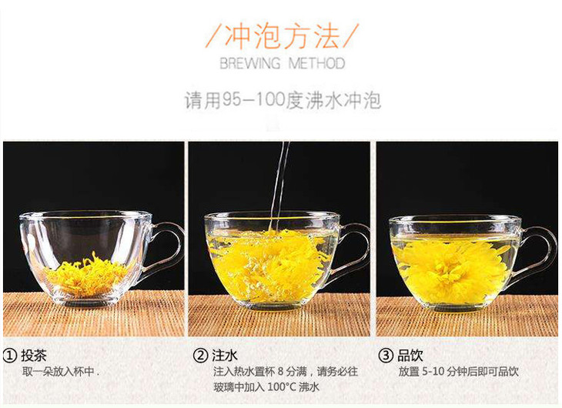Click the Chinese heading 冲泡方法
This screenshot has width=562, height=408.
[x=282, y=36]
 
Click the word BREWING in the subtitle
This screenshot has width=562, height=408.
[x=249, y=63]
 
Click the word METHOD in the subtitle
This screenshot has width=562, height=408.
[x=317, y=63]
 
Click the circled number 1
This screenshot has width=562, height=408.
[x=10, y=356]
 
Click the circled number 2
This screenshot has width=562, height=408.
[x=200, y=356]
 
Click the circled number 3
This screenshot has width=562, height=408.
[x=386, y=356]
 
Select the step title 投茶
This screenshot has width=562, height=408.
[x=34, y=356]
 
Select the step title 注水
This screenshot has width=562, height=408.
[x=225, y=356]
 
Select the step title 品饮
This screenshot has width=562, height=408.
[x=410, y=356]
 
